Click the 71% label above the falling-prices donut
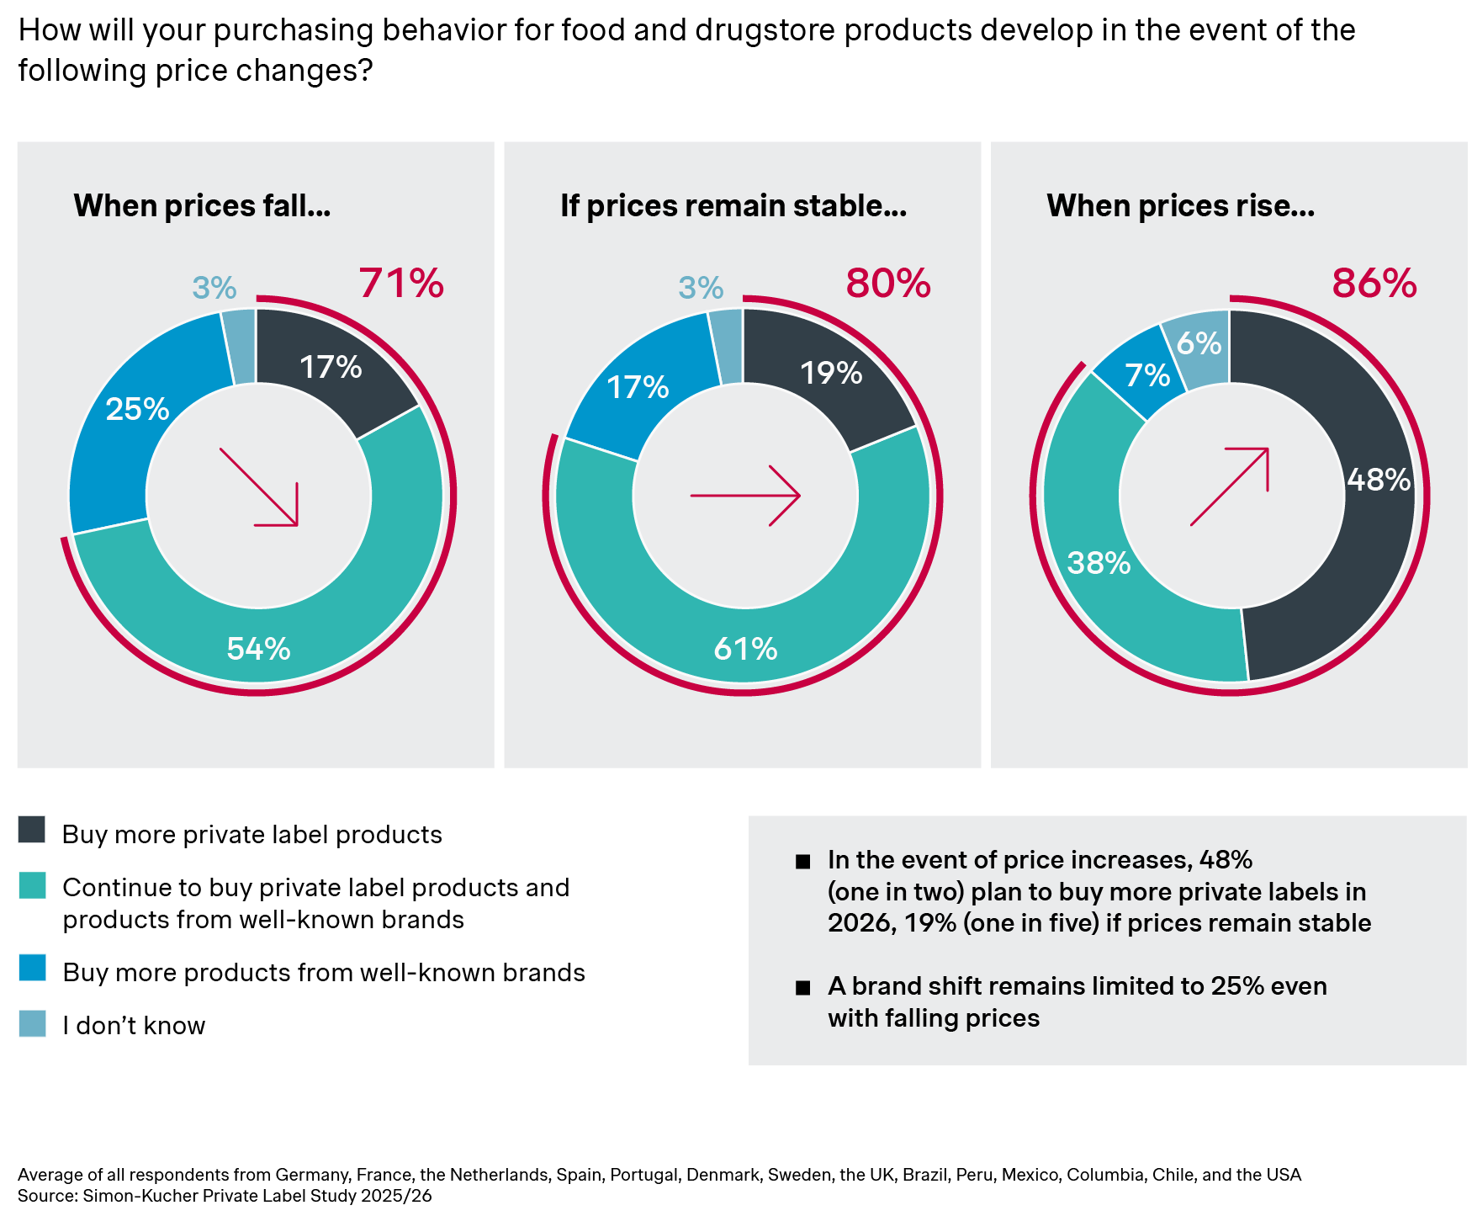coord(401,284)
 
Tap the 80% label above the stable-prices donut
coord(888,284)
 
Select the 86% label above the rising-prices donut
coord(1374,284)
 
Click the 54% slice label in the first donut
coord(258,649)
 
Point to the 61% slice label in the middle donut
coord(745,649)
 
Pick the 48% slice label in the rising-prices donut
coord(1379,480)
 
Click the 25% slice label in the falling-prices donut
coord(137,409)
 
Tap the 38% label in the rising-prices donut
coord(1099,563)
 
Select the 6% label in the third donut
coord(1199,343)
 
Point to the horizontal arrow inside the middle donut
coord(745,496)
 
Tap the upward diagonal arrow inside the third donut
coord(1229,487)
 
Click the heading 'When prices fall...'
coord(202,206)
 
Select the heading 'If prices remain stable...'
coord(733,206)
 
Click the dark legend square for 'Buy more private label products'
coord(32,830)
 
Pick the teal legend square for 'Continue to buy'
coord(32,885)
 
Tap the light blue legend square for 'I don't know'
coord(32,1023)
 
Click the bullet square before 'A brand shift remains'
coord(802,988)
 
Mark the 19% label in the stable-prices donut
coord(831,373)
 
